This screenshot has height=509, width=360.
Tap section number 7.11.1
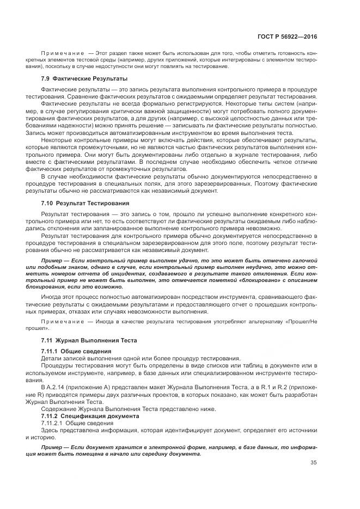[x=50, y=351]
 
